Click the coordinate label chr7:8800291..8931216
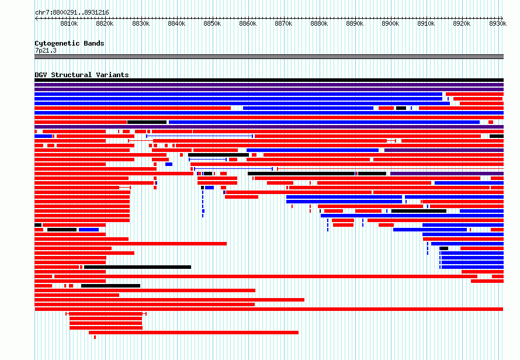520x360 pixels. pos(72,13)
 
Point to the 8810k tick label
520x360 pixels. pos(69,23)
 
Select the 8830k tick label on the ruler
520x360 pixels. pos(141,23)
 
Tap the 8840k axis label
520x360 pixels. pos(176,23)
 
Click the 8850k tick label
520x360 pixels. pos(212,23)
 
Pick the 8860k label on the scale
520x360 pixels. pos(248,23)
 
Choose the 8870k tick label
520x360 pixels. pos(283,23)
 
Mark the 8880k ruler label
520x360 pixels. pos(319,23)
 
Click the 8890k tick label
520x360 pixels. pos(355,23)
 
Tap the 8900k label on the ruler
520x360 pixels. pos(390,23)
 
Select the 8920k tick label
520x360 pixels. pos(462,23)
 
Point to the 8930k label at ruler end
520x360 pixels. pos(498,23)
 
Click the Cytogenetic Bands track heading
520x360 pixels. pos(70,43)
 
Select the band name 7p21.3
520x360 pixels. pos(46,50)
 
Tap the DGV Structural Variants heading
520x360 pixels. pos(82,75)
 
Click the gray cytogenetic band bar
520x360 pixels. pos(269,57)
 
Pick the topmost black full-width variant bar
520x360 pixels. pos(269,80)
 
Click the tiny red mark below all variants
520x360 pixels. pos(95,337)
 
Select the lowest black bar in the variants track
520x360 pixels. pos(111,286)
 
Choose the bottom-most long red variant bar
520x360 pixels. pos(193,333)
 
